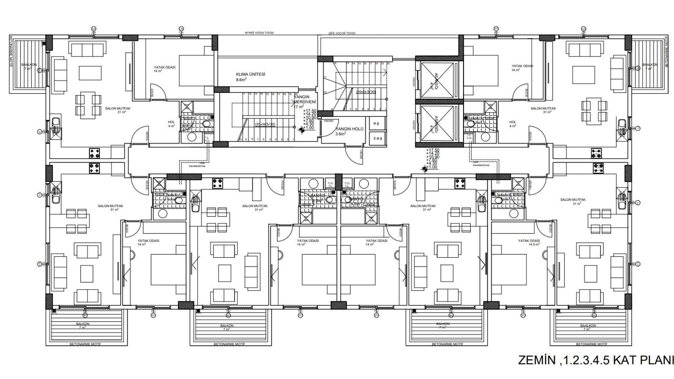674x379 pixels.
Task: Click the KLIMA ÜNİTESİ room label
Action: tap(250, 74)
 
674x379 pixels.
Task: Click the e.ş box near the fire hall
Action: tap(376, 123)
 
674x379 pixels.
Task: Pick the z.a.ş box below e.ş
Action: tap(377, 138)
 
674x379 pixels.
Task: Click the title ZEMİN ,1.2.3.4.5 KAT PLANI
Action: tap(596, 360)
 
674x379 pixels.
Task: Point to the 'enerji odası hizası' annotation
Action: tap(259, 32)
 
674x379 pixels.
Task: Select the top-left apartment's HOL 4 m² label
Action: tap(171, 124)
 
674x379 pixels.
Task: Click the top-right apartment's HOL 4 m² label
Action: tap(513, 124)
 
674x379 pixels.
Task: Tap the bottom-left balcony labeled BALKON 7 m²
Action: tap(83, 325)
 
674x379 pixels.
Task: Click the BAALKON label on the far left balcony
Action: tap(29, 65)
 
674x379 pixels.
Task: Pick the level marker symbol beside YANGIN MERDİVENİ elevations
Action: tap(301, 130)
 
